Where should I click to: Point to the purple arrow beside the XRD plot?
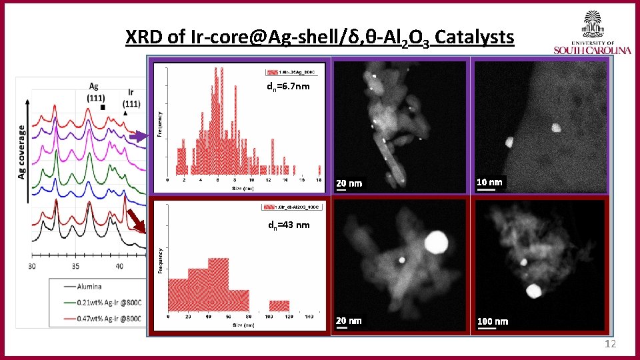[x=139, y=137]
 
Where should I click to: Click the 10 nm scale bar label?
[x=490, y=182]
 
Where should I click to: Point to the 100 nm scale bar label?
[x=493, y=321]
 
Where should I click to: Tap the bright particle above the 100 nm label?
[x=533, y=291]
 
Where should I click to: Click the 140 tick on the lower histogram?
[x=308, y=317]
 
